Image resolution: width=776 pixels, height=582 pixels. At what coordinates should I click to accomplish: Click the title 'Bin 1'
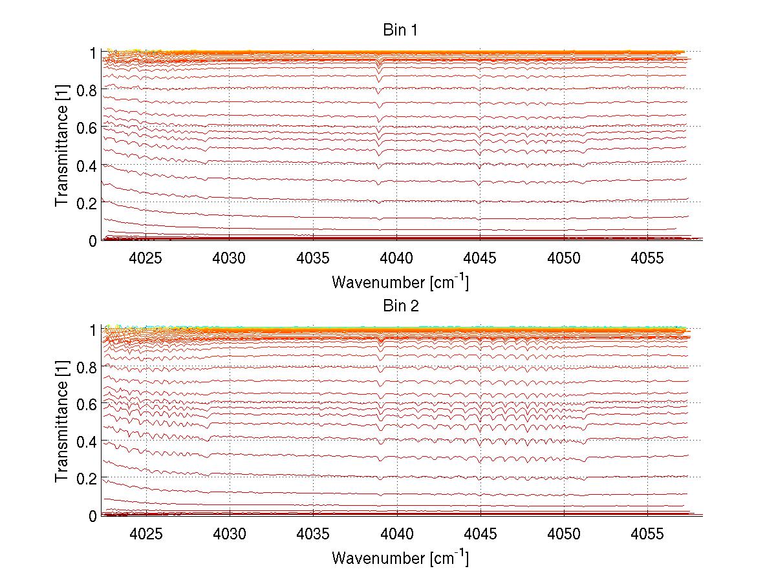(401, 30)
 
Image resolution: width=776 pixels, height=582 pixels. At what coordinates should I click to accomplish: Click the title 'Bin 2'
(401, 306)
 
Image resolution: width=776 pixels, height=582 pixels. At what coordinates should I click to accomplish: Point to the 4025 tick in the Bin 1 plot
(146, 258)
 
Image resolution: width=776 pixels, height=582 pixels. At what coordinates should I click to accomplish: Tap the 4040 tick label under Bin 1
(397, 258)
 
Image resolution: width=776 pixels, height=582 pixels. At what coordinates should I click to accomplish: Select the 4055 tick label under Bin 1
(647, 258)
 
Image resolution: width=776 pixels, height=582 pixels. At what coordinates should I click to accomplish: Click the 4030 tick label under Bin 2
(230, 534)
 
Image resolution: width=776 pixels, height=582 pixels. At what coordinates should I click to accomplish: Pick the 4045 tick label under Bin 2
(480, 534)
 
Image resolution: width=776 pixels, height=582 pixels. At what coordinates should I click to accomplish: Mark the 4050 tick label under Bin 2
(564, 534)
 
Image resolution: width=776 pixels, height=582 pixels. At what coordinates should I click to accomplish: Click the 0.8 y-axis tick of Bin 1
(87, 90)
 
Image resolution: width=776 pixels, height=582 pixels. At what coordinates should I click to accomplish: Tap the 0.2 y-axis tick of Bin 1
(87, 203)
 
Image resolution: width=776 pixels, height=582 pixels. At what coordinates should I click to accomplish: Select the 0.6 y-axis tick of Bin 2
(87, 404)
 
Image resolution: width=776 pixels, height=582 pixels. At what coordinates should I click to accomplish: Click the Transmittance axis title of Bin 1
(62, 146)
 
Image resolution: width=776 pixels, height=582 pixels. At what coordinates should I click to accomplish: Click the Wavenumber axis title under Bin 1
(400, 282)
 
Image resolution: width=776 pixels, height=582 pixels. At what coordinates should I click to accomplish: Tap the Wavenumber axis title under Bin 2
(400, 557)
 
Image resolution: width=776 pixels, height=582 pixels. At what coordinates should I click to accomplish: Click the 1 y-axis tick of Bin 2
(92, 329)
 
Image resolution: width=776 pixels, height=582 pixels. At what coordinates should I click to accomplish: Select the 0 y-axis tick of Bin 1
(92, 240)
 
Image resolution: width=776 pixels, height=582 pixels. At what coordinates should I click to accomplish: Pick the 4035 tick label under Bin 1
(314, 258)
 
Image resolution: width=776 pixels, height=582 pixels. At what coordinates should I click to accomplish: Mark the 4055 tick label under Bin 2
(647, 534)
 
